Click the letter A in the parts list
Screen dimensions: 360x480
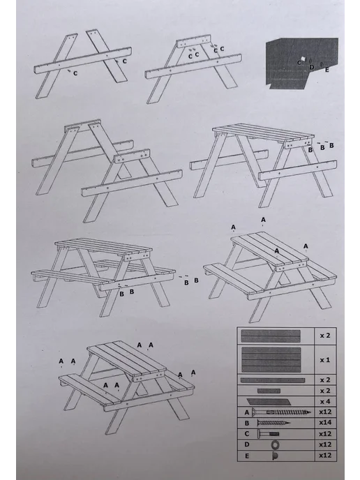coord(247,412)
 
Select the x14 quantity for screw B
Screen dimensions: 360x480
coord(325,423)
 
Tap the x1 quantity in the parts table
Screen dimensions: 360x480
coord(325,360)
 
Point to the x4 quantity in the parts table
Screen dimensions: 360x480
coord(325,401)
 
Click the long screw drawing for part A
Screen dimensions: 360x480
coord(281,412)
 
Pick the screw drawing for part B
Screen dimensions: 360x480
coord(273,423)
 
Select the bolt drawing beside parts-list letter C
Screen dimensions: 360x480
coord(268,434)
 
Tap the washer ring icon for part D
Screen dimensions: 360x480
coord(275,444)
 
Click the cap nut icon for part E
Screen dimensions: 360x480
coord(275,456)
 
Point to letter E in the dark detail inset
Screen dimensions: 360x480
coord(327,70)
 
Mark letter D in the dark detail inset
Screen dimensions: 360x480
coord(312,67)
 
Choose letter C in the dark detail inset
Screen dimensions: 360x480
coord(299,63)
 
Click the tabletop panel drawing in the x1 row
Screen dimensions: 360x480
coord(271,360)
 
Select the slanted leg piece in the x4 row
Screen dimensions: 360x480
coord(269,401)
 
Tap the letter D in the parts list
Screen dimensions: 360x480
coord(247,444)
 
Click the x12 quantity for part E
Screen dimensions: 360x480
coord(325,456)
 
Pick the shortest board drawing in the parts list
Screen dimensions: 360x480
coord(269,391)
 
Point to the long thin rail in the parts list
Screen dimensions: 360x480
coord(273,380)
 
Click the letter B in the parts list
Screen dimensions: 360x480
coord(247,423)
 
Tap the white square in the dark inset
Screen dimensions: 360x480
coord(303,59)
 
